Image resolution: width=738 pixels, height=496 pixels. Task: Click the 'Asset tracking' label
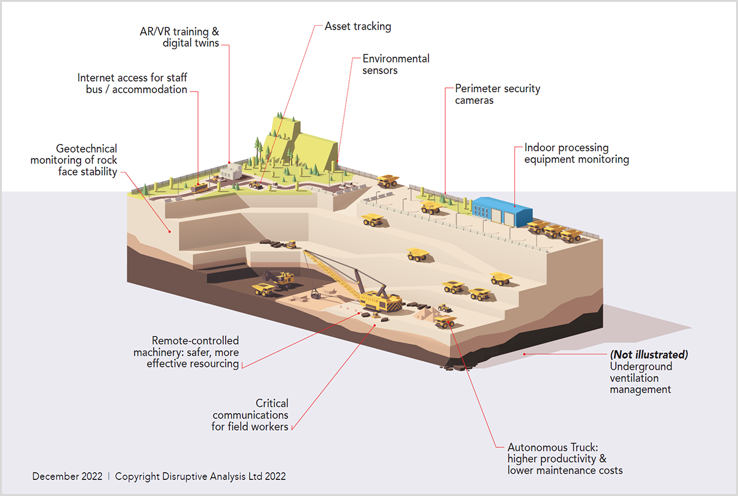tap(358, 26)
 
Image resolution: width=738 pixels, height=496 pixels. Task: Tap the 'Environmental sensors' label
tap(395, 64)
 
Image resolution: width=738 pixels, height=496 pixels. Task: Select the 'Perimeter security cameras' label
tap(498, 94)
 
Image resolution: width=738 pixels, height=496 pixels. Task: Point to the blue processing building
tap(502, 212)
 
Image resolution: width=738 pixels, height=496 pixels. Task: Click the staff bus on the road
tap(199, 188)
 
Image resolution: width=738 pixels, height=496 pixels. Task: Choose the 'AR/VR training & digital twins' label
tap(179, 37)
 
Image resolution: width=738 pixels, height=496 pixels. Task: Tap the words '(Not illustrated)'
tap(649, 355)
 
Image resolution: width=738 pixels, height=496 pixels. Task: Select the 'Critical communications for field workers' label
tap(250, 415)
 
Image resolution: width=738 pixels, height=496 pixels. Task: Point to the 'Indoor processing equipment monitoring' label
tap(577, 154)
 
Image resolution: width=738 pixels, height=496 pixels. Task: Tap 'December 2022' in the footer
tap(67, 476)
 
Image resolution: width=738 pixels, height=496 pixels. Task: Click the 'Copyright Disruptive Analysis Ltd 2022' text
tap(200, 476)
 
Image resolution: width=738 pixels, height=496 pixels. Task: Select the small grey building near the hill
tap(231, 171)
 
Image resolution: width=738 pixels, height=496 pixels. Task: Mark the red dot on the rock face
tap(170, 232)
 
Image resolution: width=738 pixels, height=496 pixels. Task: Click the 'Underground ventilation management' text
tap(641, 378)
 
